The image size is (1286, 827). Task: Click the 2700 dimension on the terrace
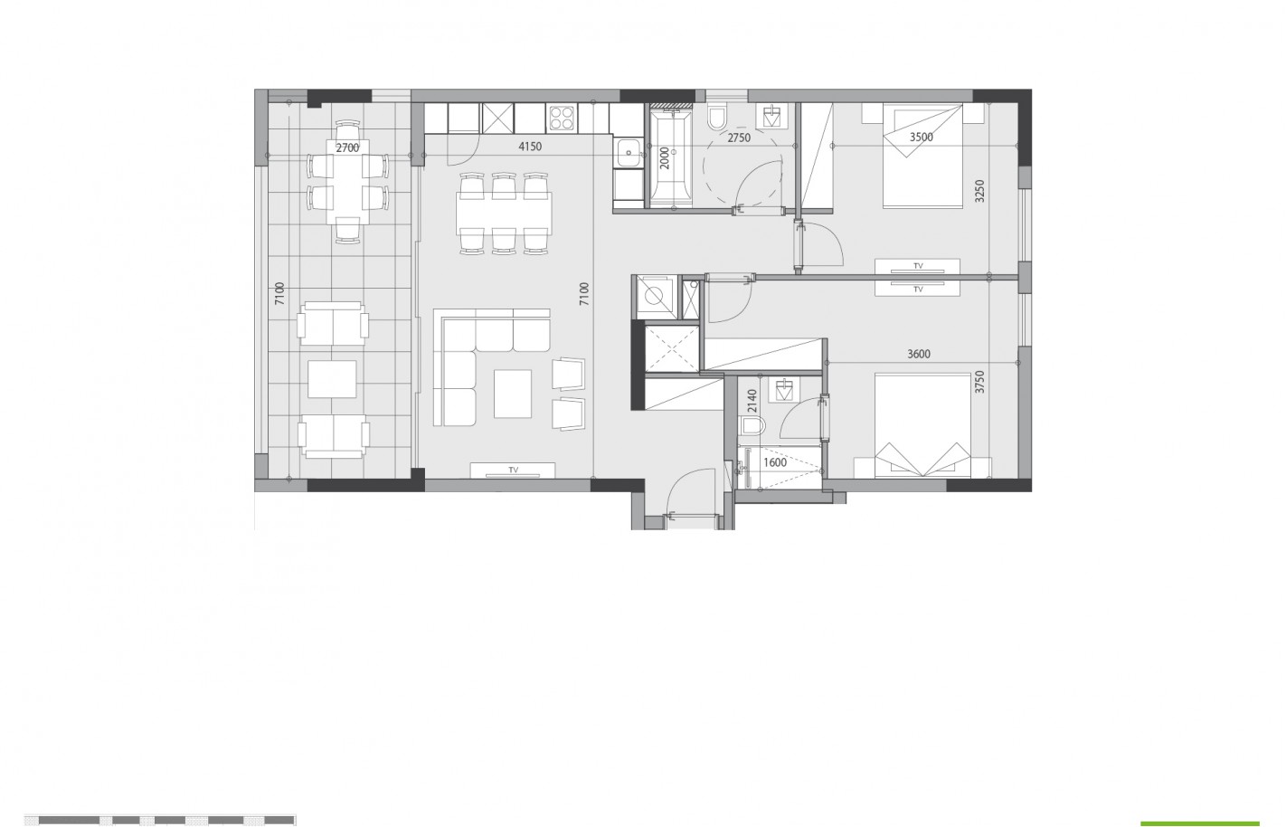click(x=347, y=148)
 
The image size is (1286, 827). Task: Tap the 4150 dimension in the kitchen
click(x=530, y=147)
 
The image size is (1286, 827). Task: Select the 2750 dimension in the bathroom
click(x=739, y=138)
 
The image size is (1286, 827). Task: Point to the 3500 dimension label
click(x=922, y=138)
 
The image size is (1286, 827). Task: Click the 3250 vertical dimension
click(x=980, y=191)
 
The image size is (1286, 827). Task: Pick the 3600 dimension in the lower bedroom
click(x=919, y=355)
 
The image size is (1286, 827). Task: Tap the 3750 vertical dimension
click(x=980, y=382)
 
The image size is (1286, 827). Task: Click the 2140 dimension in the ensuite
click(x=752, y=401)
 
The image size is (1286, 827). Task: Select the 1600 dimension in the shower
click(x=775, y=463)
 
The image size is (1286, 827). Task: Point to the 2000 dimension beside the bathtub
click(x=665, y=158)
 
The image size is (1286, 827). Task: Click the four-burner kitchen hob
click(x=562, y=119)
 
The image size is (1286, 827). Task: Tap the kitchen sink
click(x=629, y=153)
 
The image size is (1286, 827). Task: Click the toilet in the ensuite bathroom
click(x=753, y=426)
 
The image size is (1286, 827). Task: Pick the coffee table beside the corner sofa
click(x=513, y=394)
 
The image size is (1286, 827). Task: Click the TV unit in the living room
click(x=513, y=471)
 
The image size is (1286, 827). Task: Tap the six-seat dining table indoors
click(x=504, y=214)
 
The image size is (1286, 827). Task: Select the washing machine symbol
click(x=655, y=295)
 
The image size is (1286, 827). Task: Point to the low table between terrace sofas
click(x=332, y=379)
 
